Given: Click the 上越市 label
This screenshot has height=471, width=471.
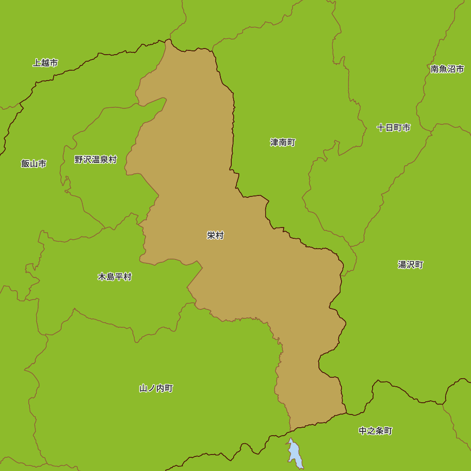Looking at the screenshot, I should (x=45, y=63).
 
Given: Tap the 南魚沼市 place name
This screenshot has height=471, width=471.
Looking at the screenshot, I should (x=447, y=69).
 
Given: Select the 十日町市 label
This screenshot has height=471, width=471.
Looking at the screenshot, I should (x=393, y=128).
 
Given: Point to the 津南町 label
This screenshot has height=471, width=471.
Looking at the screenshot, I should (x=283, y=142).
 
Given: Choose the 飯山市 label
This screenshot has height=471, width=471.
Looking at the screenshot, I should (x=34, y=163).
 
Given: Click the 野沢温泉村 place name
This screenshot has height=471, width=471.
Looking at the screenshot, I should (x=95, y=159).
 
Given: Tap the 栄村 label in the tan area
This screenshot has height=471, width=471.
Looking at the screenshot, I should (x=215, y=235).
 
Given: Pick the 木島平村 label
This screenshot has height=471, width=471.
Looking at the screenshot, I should (x=114, y=276).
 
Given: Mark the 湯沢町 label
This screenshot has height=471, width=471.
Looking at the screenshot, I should (x=410, y=265).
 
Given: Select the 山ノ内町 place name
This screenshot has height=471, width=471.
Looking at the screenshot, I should (x=156, y=388).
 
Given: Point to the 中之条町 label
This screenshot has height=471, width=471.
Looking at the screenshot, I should (x=375, y=430).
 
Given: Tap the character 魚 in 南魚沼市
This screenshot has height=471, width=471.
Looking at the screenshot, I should (x=443, y=69).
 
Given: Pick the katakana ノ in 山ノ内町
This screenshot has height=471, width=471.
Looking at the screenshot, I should (x=152, y=388).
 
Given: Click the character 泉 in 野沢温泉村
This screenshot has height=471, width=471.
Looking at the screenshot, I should (x=104, y=159).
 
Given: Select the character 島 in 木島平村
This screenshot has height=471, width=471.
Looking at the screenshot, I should (x=110, y=276).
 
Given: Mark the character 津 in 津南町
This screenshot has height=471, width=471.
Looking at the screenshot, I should (x=274, y=142).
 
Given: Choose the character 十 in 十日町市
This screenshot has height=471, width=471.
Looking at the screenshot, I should (x=381, y=128).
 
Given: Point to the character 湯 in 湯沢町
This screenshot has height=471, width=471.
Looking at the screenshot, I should (x=402, y=265).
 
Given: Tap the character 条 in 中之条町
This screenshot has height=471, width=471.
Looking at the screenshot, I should (x=380, y=430).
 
